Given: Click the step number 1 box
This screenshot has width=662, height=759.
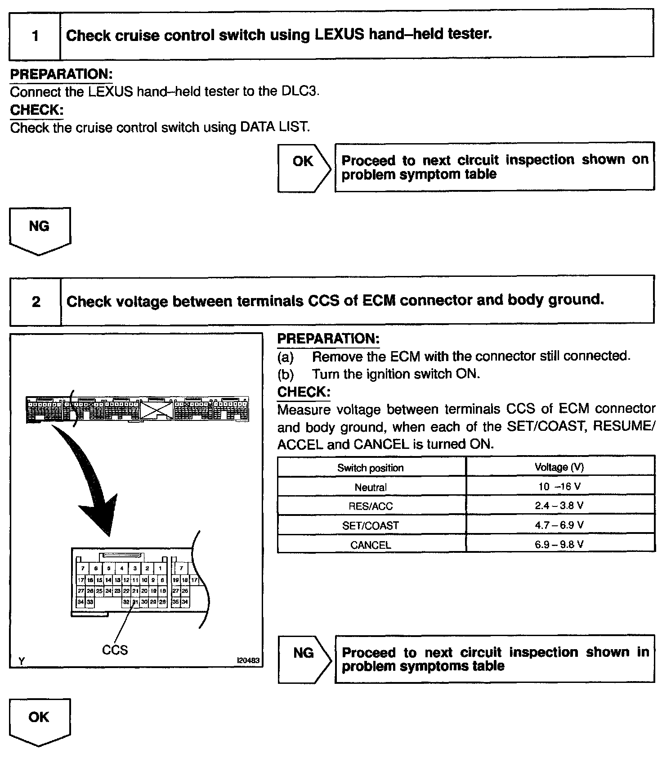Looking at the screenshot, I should click(x=35, y=36).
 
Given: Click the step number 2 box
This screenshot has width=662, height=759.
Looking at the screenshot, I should click(x=36, y=301).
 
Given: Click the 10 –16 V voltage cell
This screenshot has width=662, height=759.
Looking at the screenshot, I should click(x=559, y=486).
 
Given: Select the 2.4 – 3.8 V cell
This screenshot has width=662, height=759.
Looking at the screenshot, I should click(x=559, y=506).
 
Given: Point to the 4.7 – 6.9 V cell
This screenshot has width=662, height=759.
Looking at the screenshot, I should click(x=559, y=525).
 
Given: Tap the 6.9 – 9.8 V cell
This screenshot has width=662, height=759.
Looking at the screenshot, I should click(x=559, y=544).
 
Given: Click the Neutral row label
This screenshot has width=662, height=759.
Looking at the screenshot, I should click(x=371, y=487).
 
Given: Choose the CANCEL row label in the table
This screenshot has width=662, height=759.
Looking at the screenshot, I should click(x=371, y=545).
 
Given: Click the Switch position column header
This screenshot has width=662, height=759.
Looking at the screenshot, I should click(x=371, y=468).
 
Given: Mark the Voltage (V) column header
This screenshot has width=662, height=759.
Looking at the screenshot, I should click(x=559, y=467).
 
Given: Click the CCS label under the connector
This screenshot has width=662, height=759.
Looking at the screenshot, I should click(x=115, y=650).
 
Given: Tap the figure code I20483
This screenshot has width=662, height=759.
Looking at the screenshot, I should click(x=248, y=660).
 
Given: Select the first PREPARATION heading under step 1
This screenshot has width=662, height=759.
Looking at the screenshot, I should click(x=61, y=74).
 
